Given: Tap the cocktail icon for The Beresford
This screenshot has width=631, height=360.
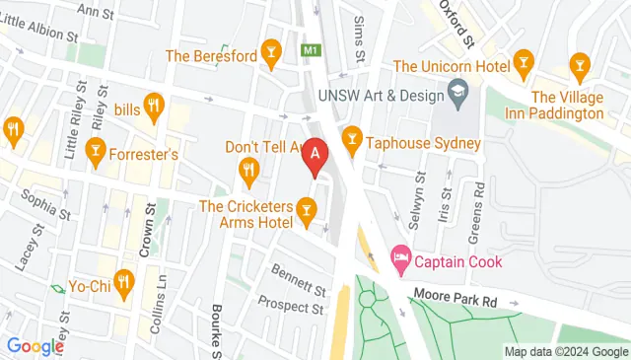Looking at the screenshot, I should click(272, 56).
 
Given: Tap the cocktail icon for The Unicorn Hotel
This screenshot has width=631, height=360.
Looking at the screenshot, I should click(523, 65).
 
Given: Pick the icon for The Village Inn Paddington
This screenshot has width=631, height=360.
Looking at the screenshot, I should click(579, 66).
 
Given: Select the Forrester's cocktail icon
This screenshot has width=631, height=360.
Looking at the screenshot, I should click(96, 147).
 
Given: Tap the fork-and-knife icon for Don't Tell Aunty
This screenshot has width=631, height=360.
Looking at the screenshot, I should click(247, 175).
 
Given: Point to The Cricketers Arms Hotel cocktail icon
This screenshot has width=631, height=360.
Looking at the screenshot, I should click(308, 207).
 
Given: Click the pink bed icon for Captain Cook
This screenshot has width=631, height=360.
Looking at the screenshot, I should click(400, 261).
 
